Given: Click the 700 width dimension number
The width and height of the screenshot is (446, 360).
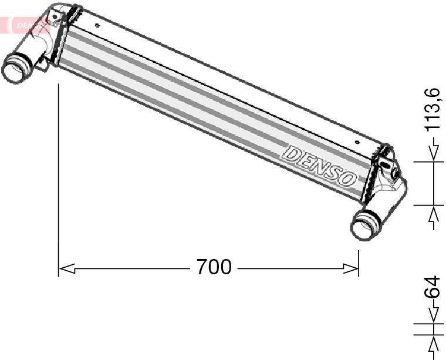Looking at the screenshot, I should [x=214, y=268].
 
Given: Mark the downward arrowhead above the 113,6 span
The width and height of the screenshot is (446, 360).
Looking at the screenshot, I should [x=434, y=153].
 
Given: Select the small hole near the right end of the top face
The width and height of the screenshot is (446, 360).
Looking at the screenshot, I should [x=359, y=142].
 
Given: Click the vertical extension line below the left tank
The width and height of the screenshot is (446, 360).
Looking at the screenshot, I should [x=59, y=176].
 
